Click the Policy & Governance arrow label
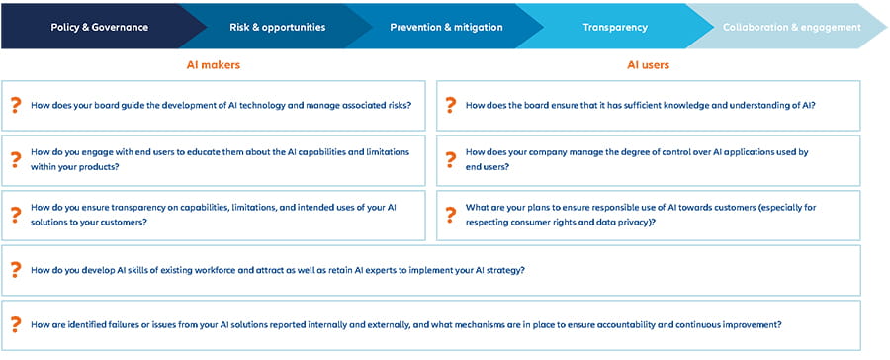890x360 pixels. (x=99, y=27)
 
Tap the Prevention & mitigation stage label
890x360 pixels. (x=446, y=27)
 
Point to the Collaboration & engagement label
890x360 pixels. (x=791, y=27)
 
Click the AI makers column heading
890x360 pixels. (x=214, y=65)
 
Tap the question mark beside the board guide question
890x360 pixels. (x=15, y=105)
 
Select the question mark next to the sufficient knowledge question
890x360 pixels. (x=450, y=105)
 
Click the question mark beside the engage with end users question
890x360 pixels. (x=15, y=159)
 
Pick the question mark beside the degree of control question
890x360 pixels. (x=450, y=159)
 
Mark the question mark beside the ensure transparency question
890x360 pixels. (x=15, y=215)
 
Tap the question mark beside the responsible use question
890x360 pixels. (x=450, y=215)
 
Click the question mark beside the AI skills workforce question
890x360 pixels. (x=15, y=269)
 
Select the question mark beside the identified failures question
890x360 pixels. (x=15, y=324)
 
